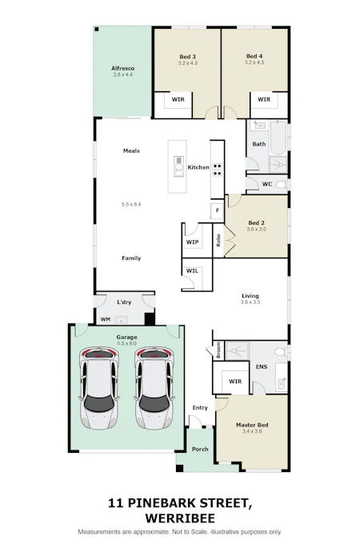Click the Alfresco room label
point(122,68)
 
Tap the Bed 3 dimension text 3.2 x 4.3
point(188,63)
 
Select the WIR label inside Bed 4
point(264,99)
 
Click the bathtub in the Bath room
point(278,138)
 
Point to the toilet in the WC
point(281,185)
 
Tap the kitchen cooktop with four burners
point(217,170)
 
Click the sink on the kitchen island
point(178,166)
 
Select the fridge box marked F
point(217,210)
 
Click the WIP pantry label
point(192,242)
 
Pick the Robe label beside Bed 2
point(218,240)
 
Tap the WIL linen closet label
point(192,270)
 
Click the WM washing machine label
point(106,319)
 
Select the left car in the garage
point(99,388)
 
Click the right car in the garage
point(154,388)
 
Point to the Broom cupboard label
point(218,350)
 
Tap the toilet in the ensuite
point(281,352)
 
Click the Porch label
point(200,449)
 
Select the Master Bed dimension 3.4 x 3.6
point(252,431)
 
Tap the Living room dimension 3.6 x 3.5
point(250,302)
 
